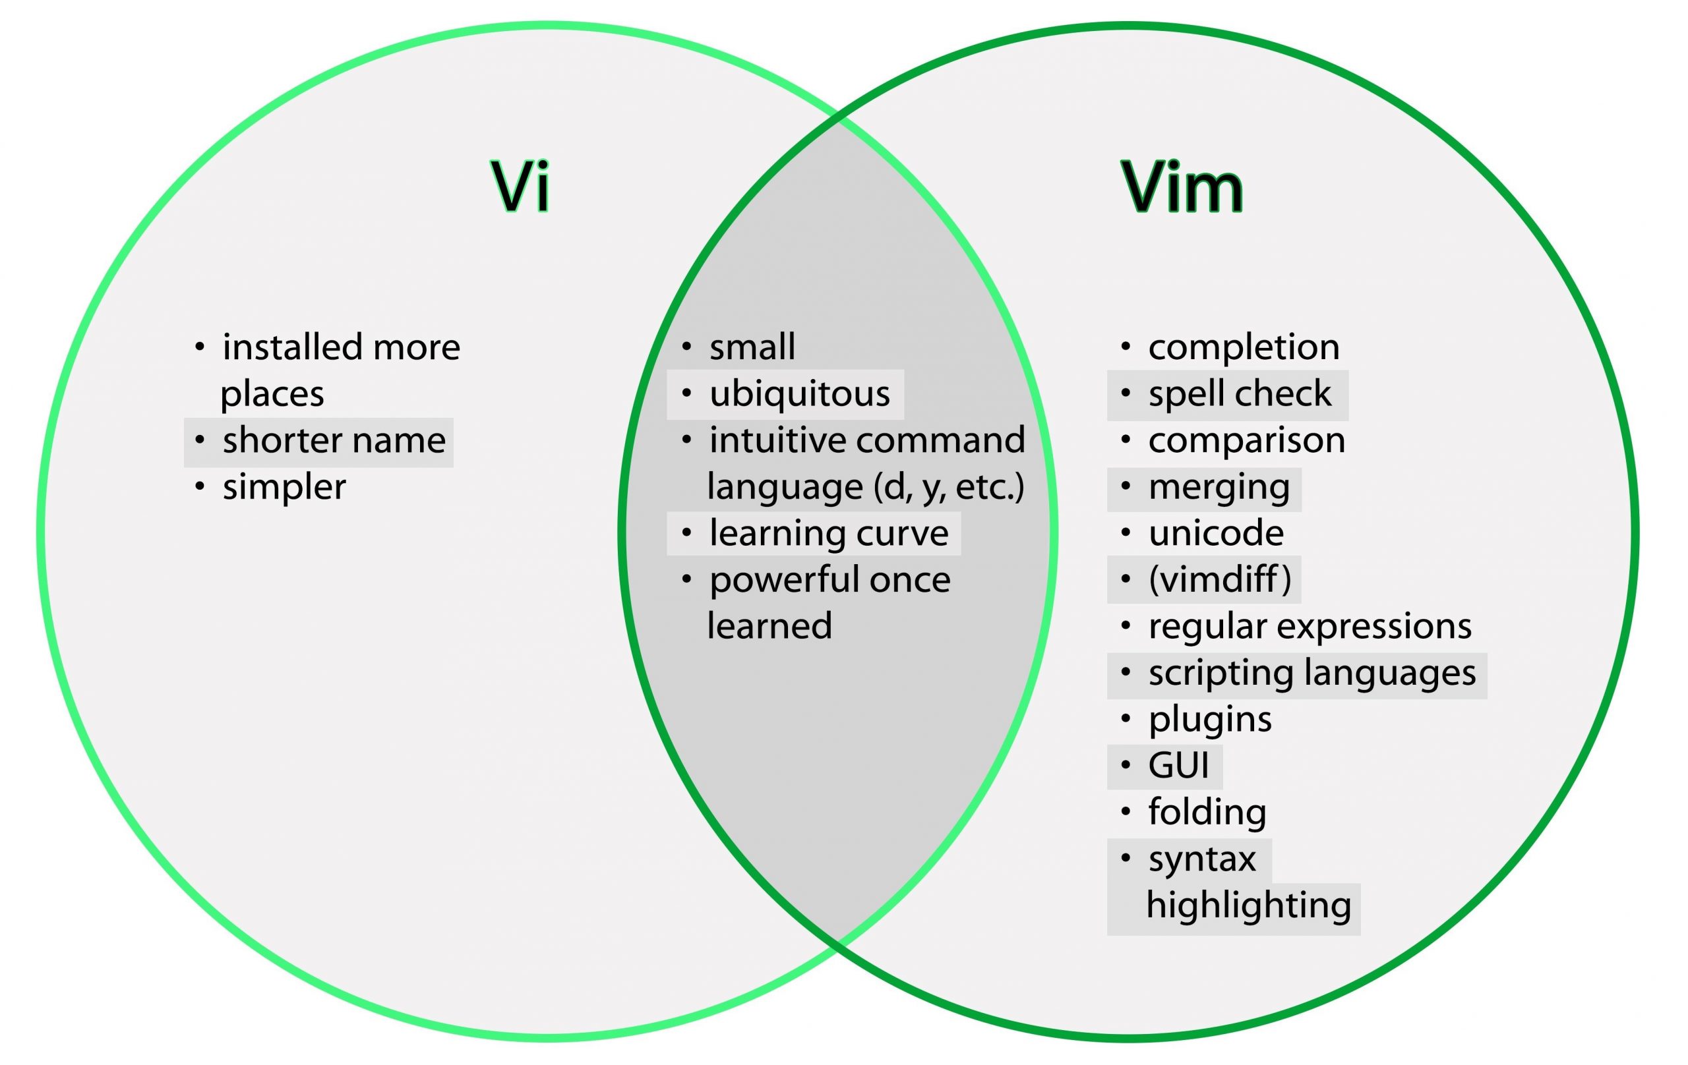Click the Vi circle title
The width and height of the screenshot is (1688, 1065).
click(x=521, y=186)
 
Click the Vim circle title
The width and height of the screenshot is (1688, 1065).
click(x=1182, y=186)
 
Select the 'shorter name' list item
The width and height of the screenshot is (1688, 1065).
click(x=334, y=441)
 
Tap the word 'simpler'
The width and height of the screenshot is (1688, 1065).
click(x=284, y=487)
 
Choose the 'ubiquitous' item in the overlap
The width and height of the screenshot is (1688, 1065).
click(x=799, y=393)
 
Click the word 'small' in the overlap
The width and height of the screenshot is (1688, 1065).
click(x=752, y=347)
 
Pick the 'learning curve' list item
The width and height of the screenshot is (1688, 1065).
click(x=829, y=533)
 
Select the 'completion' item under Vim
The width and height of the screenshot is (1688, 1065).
click(x=1244, y=347)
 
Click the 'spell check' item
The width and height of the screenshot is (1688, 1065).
click(x=1240, y=393)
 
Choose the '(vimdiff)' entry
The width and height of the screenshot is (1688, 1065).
click(x=1220, y=579)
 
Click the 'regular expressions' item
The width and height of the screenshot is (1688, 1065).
click(x=1310, y=626)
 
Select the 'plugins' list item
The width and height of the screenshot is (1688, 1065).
click(x=1210, y=720)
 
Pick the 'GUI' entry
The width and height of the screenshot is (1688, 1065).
click(x=1178, y=765)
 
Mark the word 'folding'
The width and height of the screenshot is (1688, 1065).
click(x=1207, y=812)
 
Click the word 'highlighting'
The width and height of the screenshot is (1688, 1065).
click(x=1249, y=906)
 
